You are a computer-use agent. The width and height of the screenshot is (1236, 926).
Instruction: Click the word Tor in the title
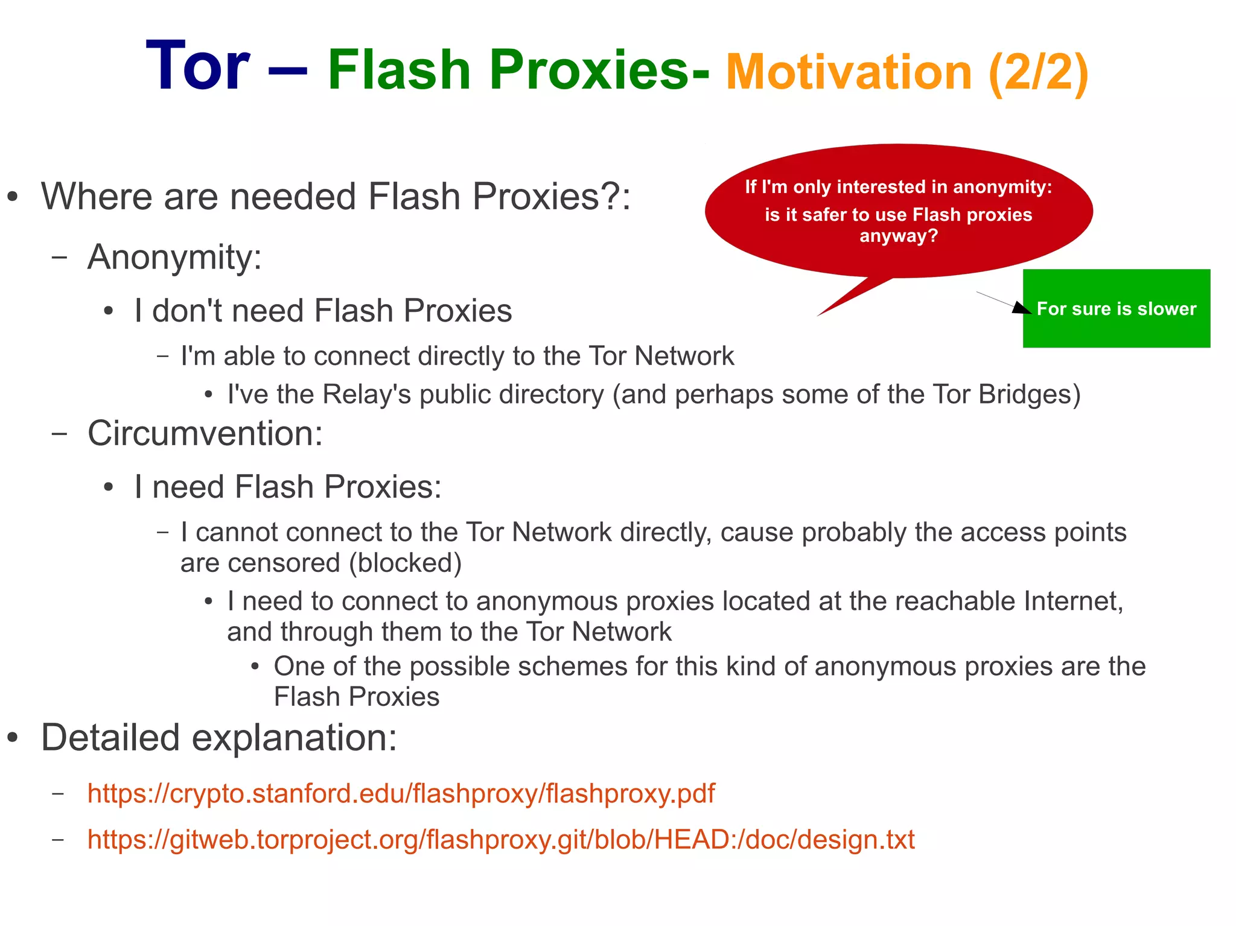click(x=198, y=66)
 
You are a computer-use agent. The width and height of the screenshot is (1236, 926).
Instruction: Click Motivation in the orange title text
click(x=849, y=72)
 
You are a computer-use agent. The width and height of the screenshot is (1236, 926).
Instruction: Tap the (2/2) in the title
click(x=1038, y=72)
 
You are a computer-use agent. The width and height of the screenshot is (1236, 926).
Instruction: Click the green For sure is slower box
click(x=1116, y=309)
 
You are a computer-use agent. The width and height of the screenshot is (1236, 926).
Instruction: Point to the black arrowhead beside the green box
click(x=1021, y=308)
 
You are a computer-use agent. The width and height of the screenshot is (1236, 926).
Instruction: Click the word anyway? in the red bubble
click(x=899, y=235)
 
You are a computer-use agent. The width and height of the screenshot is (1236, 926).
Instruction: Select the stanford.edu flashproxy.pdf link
click(x=401, y=793)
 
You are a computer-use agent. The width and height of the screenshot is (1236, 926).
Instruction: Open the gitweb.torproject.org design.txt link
click(x=501, y=839)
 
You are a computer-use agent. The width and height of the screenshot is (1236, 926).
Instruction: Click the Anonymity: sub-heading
click(x=174, y=257)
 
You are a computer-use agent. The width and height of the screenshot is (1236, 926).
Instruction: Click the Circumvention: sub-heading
click(x=205, y=433)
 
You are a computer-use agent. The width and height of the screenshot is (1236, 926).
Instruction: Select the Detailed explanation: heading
click(x=218, y=738)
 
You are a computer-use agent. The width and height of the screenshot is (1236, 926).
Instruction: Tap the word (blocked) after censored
click(x=406, y=563)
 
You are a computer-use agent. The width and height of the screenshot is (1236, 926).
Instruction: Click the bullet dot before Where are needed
click(x=13, y=197)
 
